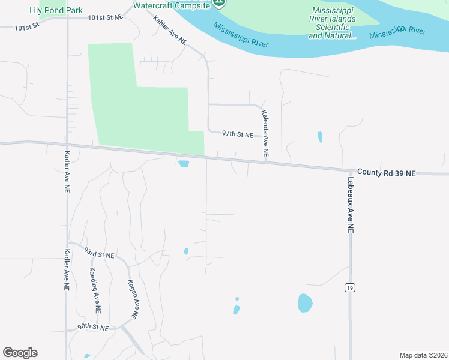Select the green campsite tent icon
(220, 4)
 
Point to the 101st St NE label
(105, 17)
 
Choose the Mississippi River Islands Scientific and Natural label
(332, 23)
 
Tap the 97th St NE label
(238, 134)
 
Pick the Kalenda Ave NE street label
(264, 134)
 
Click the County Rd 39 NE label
(386, 173)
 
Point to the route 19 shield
(349, 288)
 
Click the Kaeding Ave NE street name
(95, 290)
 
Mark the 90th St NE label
(92, 328)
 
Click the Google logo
(20, 353)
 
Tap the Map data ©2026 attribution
(423, 355)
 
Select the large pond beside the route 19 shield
(305, 303)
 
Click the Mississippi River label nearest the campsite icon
(241, 35)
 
